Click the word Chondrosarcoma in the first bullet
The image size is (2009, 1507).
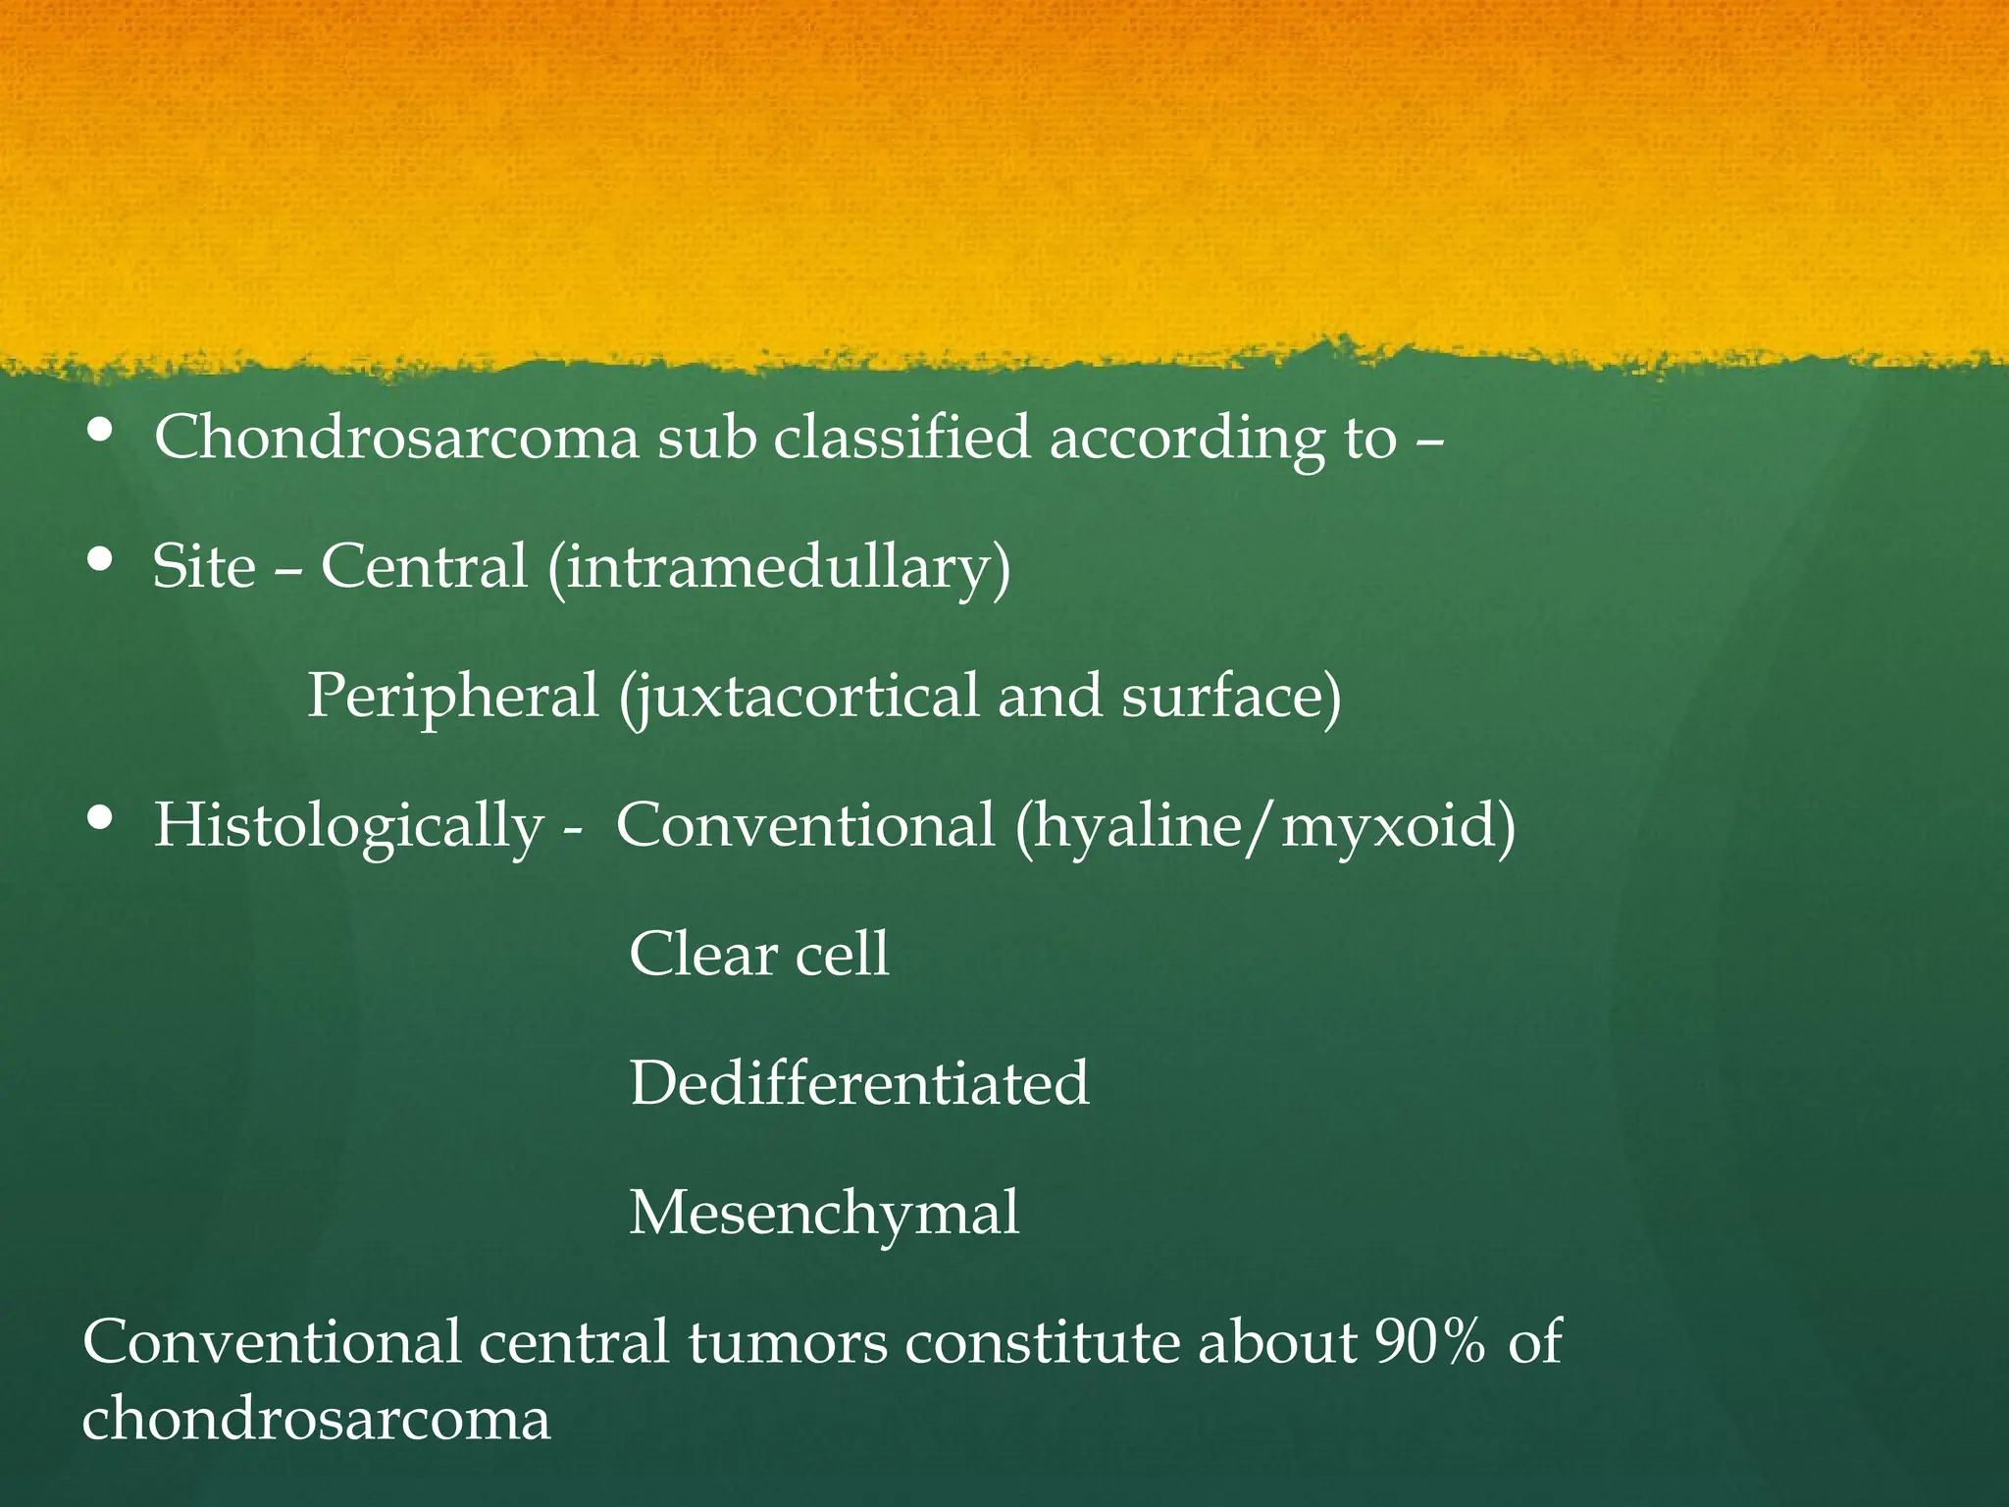pyautogui.click(x=396, y=437)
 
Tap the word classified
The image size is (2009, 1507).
pyautogui.click(x=901, y=437)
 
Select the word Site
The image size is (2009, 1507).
pyautogui.click(x=204, y=567)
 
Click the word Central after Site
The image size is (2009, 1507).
pyautogui.click(x=424, y=567)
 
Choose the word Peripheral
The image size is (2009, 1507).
pyautogui.click(x=452, y=696)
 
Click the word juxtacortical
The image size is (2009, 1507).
pyautogui.click(x=798, y=698)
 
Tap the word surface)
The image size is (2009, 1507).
pyautogui.click(x=1231, y=696)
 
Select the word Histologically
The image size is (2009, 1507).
pyautogui.click(x=348, y=826)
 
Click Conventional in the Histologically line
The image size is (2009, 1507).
pyautogui.click(x=805, y=825)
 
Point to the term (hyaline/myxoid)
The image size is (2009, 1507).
pyautogui.click(x=1265, y=826)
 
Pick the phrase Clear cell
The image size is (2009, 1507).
pyautogui.click(x=759, y=954)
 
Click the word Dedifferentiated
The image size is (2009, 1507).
pyautogui.click(x=859, y=1083)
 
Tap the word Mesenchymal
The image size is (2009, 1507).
pyautogui.click(x=824, y=1214)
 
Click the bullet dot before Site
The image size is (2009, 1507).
pyautogui.click(x=99, y=560)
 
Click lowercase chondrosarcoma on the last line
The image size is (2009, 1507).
pyautogui.click(x=316, y=1419)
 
